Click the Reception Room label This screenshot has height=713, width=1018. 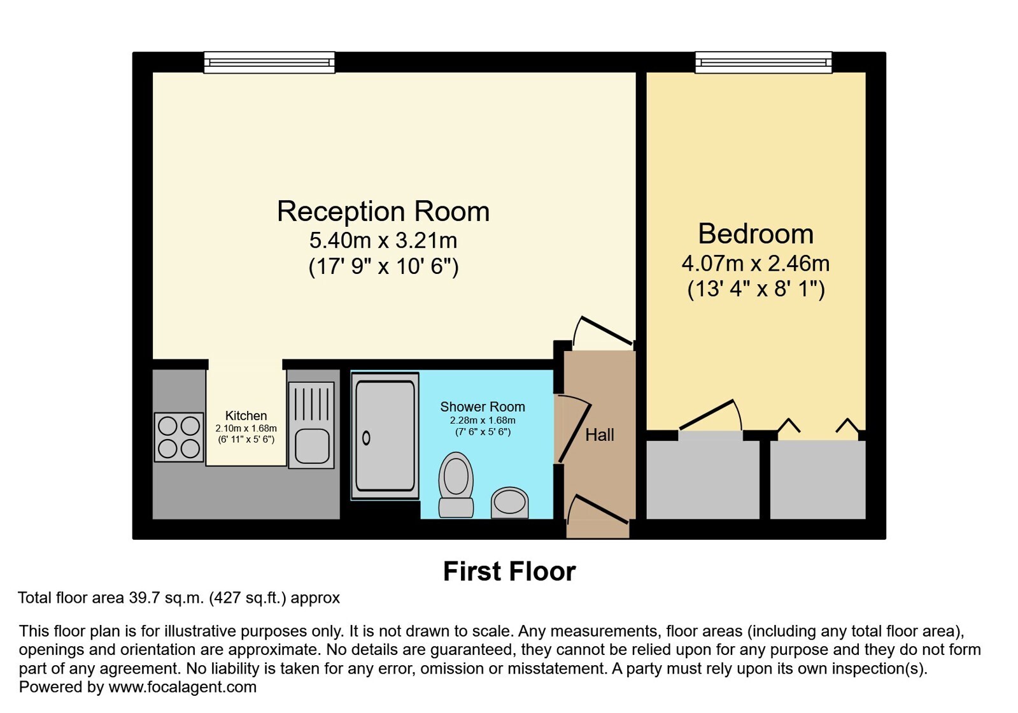point(383,212)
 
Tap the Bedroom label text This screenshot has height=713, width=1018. point(756,234)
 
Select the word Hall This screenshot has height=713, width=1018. point(600,435)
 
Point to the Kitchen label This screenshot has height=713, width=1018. point(246,415)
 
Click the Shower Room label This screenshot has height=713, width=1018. point(482,407)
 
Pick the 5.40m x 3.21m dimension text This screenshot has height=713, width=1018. point(383,241)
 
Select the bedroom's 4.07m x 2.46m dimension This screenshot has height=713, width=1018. point(756,264)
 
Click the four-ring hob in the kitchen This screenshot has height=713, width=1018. point(179,438)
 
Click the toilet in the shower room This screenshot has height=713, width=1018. point(456,485)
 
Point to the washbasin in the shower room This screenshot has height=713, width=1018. point(509,503)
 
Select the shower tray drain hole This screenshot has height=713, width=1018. point(366,438)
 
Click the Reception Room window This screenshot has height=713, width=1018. point(269,62)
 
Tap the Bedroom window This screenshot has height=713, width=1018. point(763,62)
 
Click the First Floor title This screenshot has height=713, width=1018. point(509,572)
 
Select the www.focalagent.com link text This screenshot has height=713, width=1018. point(182,687)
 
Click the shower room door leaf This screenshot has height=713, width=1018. point(575,433)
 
